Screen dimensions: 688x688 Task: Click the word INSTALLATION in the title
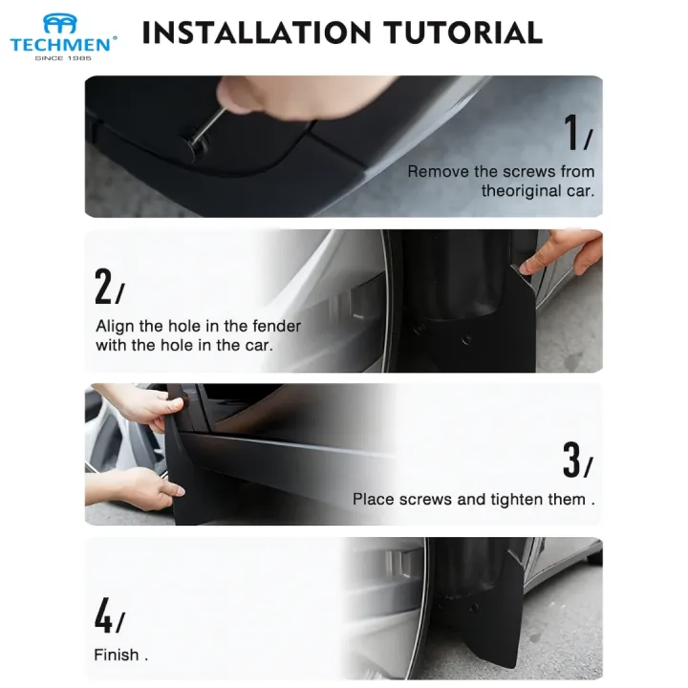coord(257,32)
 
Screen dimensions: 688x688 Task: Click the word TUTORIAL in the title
coord(462,32)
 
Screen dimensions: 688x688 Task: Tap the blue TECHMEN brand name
coord(60,45)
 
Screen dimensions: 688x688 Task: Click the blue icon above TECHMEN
coord(59,24)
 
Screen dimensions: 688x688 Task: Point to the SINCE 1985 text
coord(63,58)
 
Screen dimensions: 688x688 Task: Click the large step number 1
coord(571,132)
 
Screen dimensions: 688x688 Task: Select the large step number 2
coord(103,286)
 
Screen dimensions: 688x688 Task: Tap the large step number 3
coord(571,460)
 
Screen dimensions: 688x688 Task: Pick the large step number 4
coord(103,614)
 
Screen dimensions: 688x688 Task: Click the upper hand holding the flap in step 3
coord(145,406)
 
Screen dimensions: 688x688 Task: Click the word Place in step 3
coord(374,500)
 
